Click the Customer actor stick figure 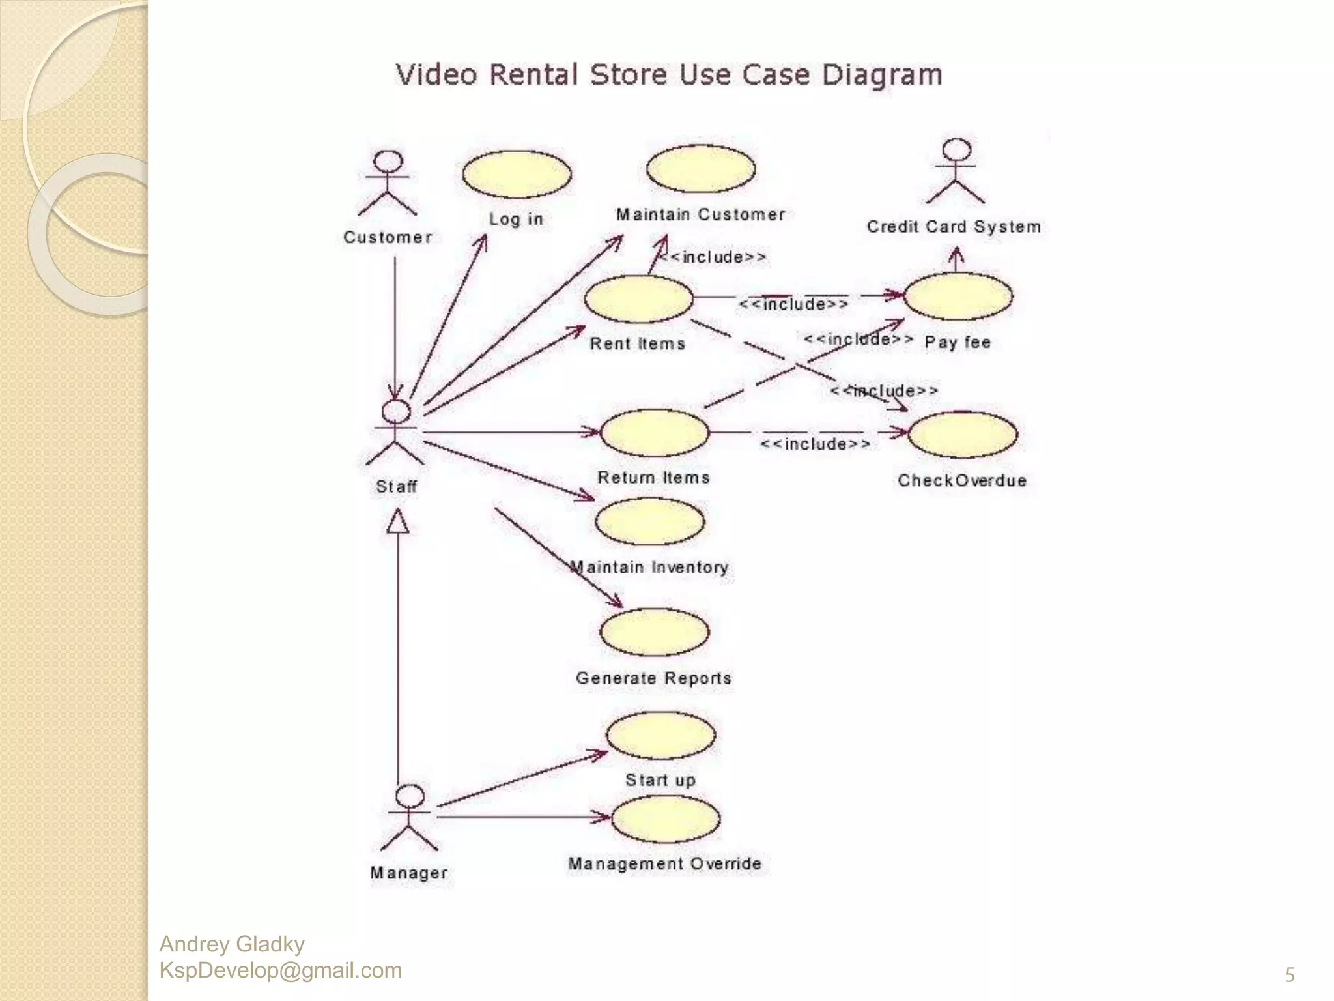(388, 184)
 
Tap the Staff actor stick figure (395, 432)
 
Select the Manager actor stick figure (409, 818)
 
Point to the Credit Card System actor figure (956, 171)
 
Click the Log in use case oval (517, 175)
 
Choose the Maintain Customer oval (701, 169)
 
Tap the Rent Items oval (638, 299)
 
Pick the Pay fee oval (958, 297)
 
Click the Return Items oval (654, 433)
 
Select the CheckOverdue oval (962, 435)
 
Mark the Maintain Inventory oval (650, 521)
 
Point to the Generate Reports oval (654, 632)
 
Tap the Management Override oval (666, 819)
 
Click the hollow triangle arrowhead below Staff (398, 522)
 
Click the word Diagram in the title (882, 75)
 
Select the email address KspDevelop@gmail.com (281, 970)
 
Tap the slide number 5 (1289, 975)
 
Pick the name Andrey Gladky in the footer (232, 944)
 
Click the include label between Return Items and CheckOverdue (815, 444)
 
